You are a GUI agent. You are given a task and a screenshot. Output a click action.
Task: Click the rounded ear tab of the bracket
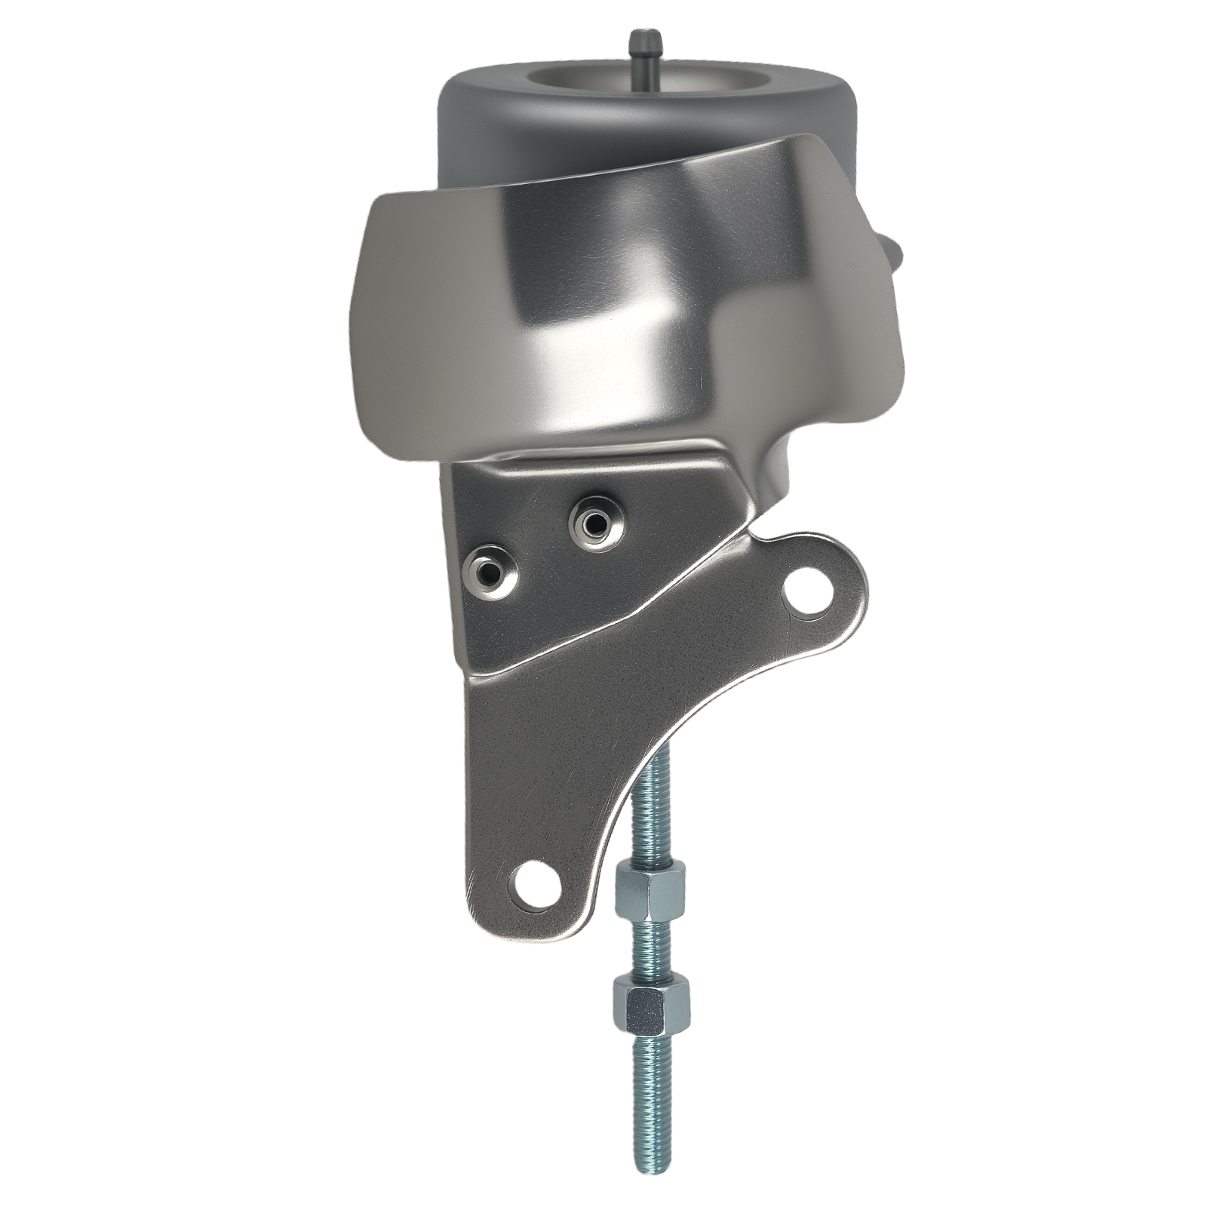[830, 573]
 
